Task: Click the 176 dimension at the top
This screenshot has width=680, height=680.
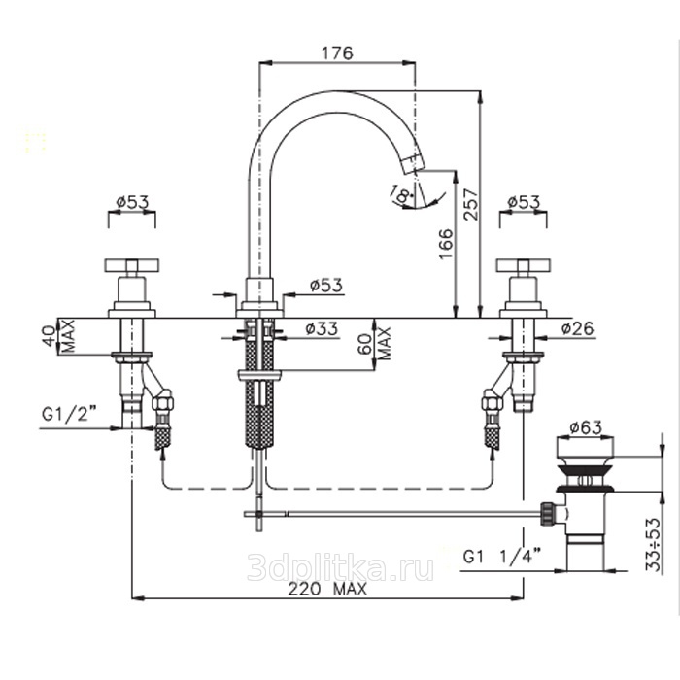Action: click(x=337, y=52)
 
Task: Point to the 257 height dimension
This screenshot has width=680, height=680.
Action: click(x=471, y=204)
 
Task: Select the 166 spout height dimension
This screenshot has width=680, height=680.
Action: click(x=446, y=244)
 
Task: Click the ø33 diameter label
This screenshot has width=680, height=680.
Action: click(x=322, y=328)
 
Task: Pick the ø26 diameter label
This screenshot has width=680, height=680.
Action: click(x=577, y=328)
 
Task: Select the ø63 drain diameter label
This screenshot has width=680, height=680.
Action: click(x=586, y=427)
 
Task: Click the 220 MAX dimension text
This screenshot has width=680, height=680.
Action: click(x=327, y=589)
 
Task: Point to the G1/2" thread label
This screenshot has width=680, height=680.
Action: click(x=69, y=414)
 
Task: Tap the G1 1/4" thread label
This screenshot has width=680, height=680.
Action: click(x=502, y=556)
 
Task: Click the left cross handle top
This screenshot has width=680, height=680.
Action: click(x=132, y=264)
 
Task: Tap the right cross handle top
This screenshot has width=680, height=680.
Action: click(x=524, y=264)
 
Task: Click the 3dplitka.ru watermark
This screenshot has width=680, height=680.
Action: click(x=340, y=568)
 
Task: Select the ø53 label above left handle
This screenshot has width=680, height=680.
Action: click(x=133, y=202)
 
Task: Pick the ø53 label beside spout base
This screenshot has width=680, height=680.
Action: click(x=326, y=285)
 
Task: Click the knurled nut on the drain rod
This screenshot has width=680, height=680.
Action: click(x=547, y=514)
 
